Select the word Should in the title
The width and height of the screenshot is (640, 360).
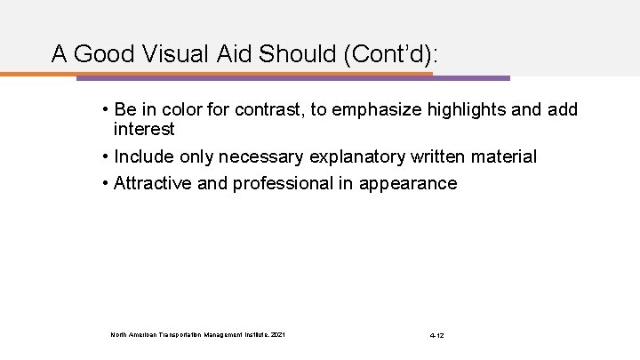(285, 54)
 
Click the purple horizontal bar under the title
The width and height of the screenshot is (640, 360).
(471, 77)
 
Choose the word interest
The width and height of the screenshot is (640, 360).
(143, 130)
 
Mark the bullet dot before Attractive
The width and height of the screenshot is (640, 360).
(105, 184)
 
